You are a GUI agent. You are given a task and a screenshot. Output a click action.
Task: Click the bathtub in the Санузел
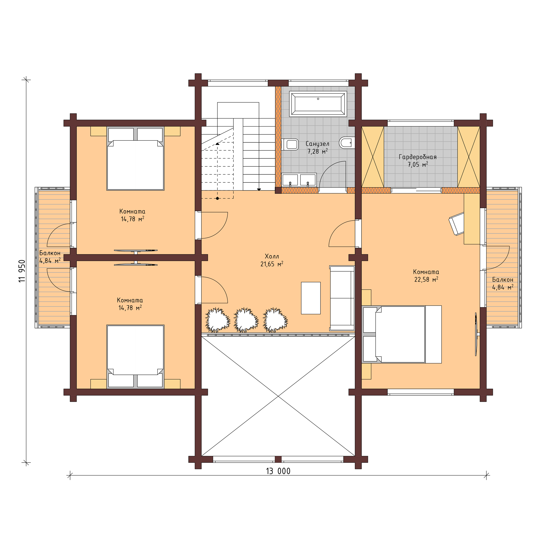point(318,104)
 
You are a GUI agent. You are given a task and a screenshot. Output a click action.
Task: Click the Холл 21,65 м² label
point(272,260)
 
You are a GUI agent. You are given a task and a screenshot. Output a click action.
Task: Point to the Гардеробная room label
point(418,161)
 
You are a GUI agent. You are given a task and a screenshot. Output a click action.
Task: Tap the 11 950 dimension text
point(23,271)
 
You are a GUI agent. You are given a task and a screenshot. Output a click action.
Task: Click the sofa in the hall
point(342,298)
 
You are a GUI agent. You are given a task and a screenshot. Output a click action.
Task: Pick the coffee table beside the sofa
point(311,298)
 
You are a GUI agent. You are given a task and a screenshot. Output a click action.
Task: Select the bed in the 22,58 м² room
point(401,334)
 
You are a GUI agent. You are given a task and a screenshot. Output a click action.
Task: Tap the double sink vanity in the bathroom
point(299,180)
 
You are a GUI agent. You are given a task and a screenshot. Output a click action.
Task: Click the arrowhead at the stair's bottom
point(259,190)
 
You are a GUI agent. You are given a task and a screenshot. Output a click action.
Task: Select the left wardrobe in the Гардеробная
point(373,157)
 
